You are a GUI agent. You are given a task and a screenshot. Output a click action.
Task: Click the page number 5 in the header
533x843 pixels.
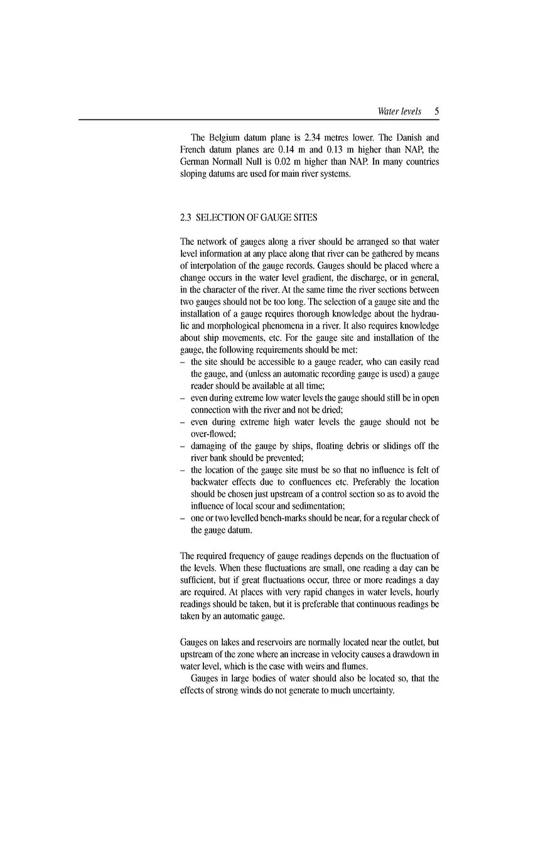(x=436, y=111)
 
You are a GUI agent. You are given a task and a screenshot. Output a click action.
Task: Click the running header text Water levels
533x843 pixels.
(x=399, y=111)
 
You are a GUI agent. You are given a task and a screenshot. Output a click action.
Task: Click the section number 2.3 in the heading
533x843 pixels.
(x=185, y=217)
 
